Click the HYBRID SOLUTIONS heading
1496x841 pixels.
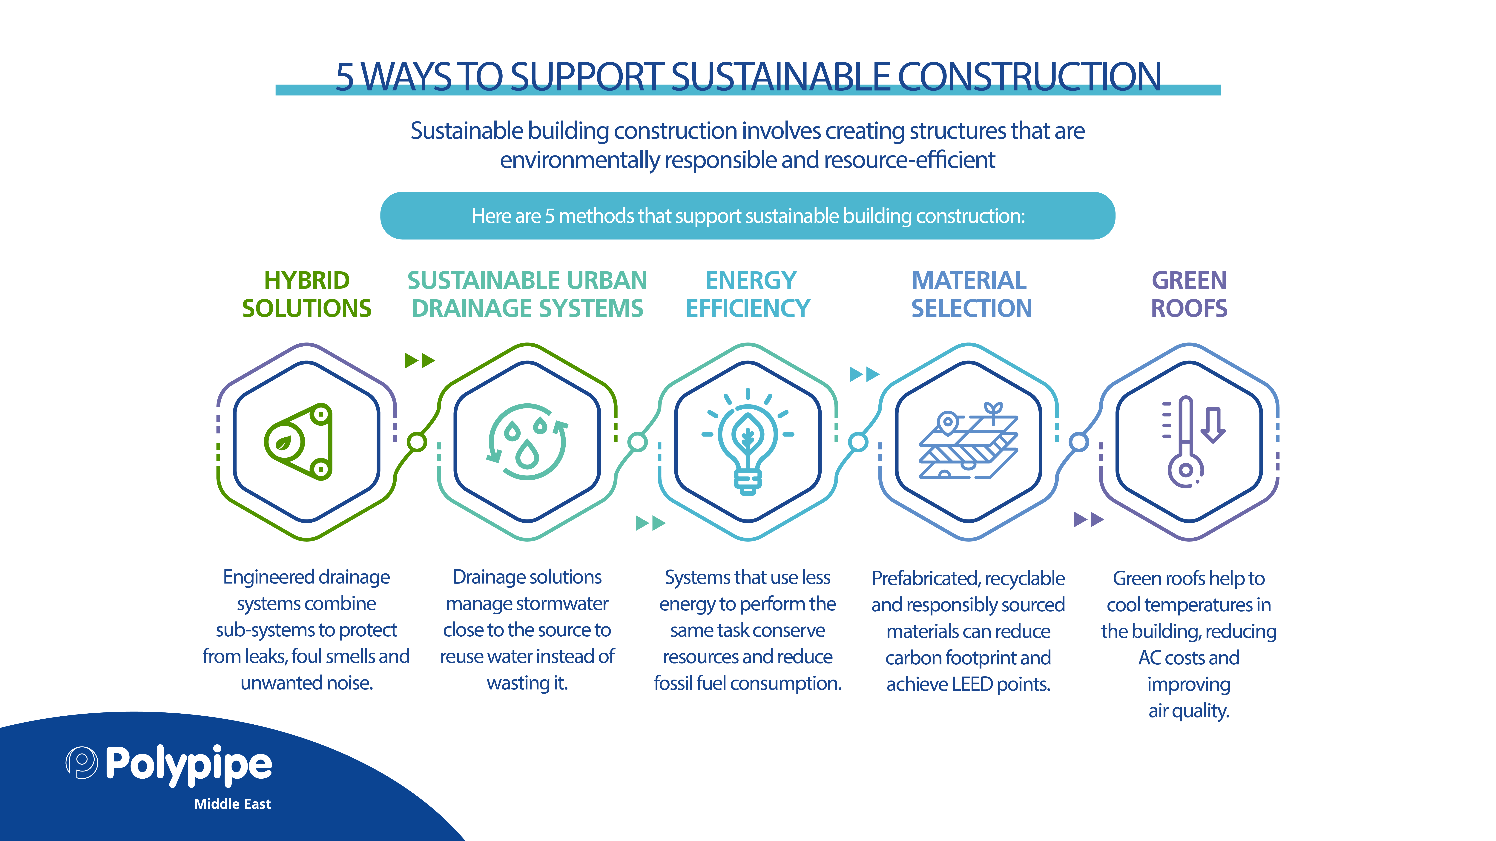pyautogui.click(x=307, y=294)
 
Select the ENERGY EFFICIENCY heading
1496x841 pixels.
pyautogui.click(x=748, y=294)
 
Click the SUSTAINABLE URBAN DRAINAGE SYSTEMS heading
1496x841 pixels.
pyautogui.click(x=527, y=294)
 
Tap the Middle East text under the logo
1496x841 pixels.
pyautogui.click(x=232, y=804)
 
